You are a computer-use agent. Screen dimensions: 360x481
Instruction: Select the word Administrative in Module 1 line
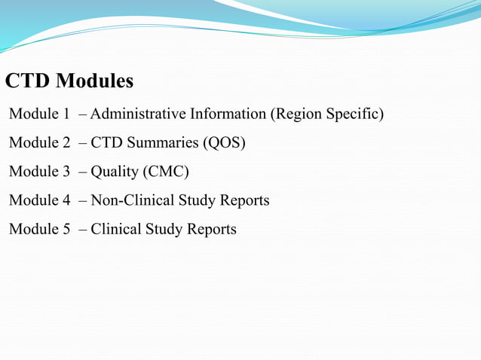138,114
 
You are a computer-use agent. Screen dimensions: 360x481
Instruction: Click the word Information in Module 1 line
228,114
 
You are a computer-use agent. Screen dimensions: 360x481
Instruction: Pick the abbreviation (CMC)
165,172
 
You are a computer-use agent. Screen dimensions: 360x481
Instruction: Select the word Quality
114,172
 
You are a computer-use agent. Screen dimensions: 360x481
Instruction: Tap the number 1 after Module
66,114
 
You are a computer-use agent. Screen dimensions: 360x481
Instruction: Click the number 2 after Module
66,143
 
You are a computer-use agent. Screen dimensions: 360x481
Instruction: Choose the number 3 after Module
66,172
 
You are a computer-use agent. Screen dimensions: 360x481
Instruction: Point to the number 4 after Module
66,200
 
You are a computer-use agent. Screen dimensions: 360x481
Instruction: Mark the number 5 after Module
66,229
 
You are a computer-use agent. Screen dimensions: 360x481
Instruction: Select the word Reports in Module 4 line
244,200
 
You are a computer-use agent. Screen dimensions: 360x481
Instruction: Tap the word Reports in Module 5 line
211,229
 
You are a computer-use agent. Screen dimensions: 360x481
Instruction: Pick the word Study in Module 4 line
197,200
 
